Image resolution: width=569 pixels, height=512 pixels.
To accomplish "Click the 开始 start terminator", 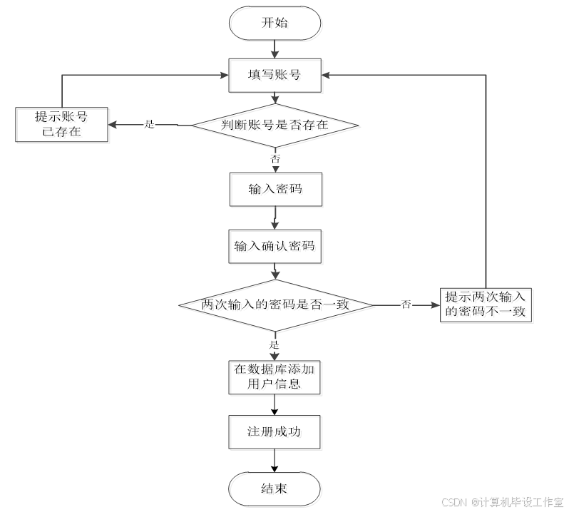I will tap(276, 24).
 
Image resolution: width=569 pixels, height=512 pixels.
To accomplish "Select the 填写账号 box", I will tap(276, 76).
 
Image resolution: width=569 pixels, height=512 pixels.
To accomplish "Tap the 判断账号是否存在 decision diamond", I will tap(276, 126).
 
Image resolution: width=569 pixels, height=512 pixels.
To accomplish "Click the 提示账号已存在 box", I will tap(63, 126).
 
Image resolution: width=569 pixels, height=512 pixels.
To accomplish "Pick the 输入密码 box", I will tap(276, 190).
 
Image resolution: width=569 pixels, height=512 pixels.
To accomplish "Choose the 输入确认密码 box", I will tap(276, 248).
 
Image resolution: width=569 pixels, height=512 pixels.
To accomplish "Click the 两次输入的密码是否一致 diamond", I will tap(276, 306).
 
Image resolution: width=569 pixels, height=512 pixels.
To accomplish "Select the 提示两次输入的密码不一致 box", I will tap(488, 305).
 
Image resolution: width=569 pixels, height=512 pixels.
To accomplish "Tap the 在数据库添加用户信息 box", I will tap(276, 378).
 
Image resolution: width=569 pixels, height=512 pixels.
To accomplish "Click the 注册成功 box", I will tap(276, 433).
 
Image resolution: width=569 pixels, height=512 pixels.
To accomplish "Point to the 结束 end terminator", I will tap(276, 490).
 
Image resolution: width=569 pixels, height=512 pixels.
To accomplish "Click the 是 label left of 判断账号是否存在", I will tap(149, 124).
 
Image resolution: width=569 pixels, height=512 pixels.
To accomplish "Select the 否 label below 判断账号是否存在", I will tap(275, 158).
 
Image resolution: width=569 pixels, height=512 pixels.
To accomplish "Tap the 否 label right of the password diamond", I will tap(406, 305).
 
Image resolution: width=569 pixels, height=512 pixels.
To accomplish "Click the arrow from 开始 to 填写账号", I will tap(275, 49).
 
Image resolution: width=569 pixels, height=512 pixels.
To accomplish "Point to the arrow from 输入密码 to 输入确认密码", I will tap(275, 218).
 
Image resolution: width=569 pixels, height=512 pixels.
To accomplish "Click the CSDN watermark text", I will tap(502, 502).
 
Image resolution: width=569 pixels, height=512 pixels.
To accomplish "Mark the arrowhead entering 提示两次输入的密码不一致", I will tap(436, 305).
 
